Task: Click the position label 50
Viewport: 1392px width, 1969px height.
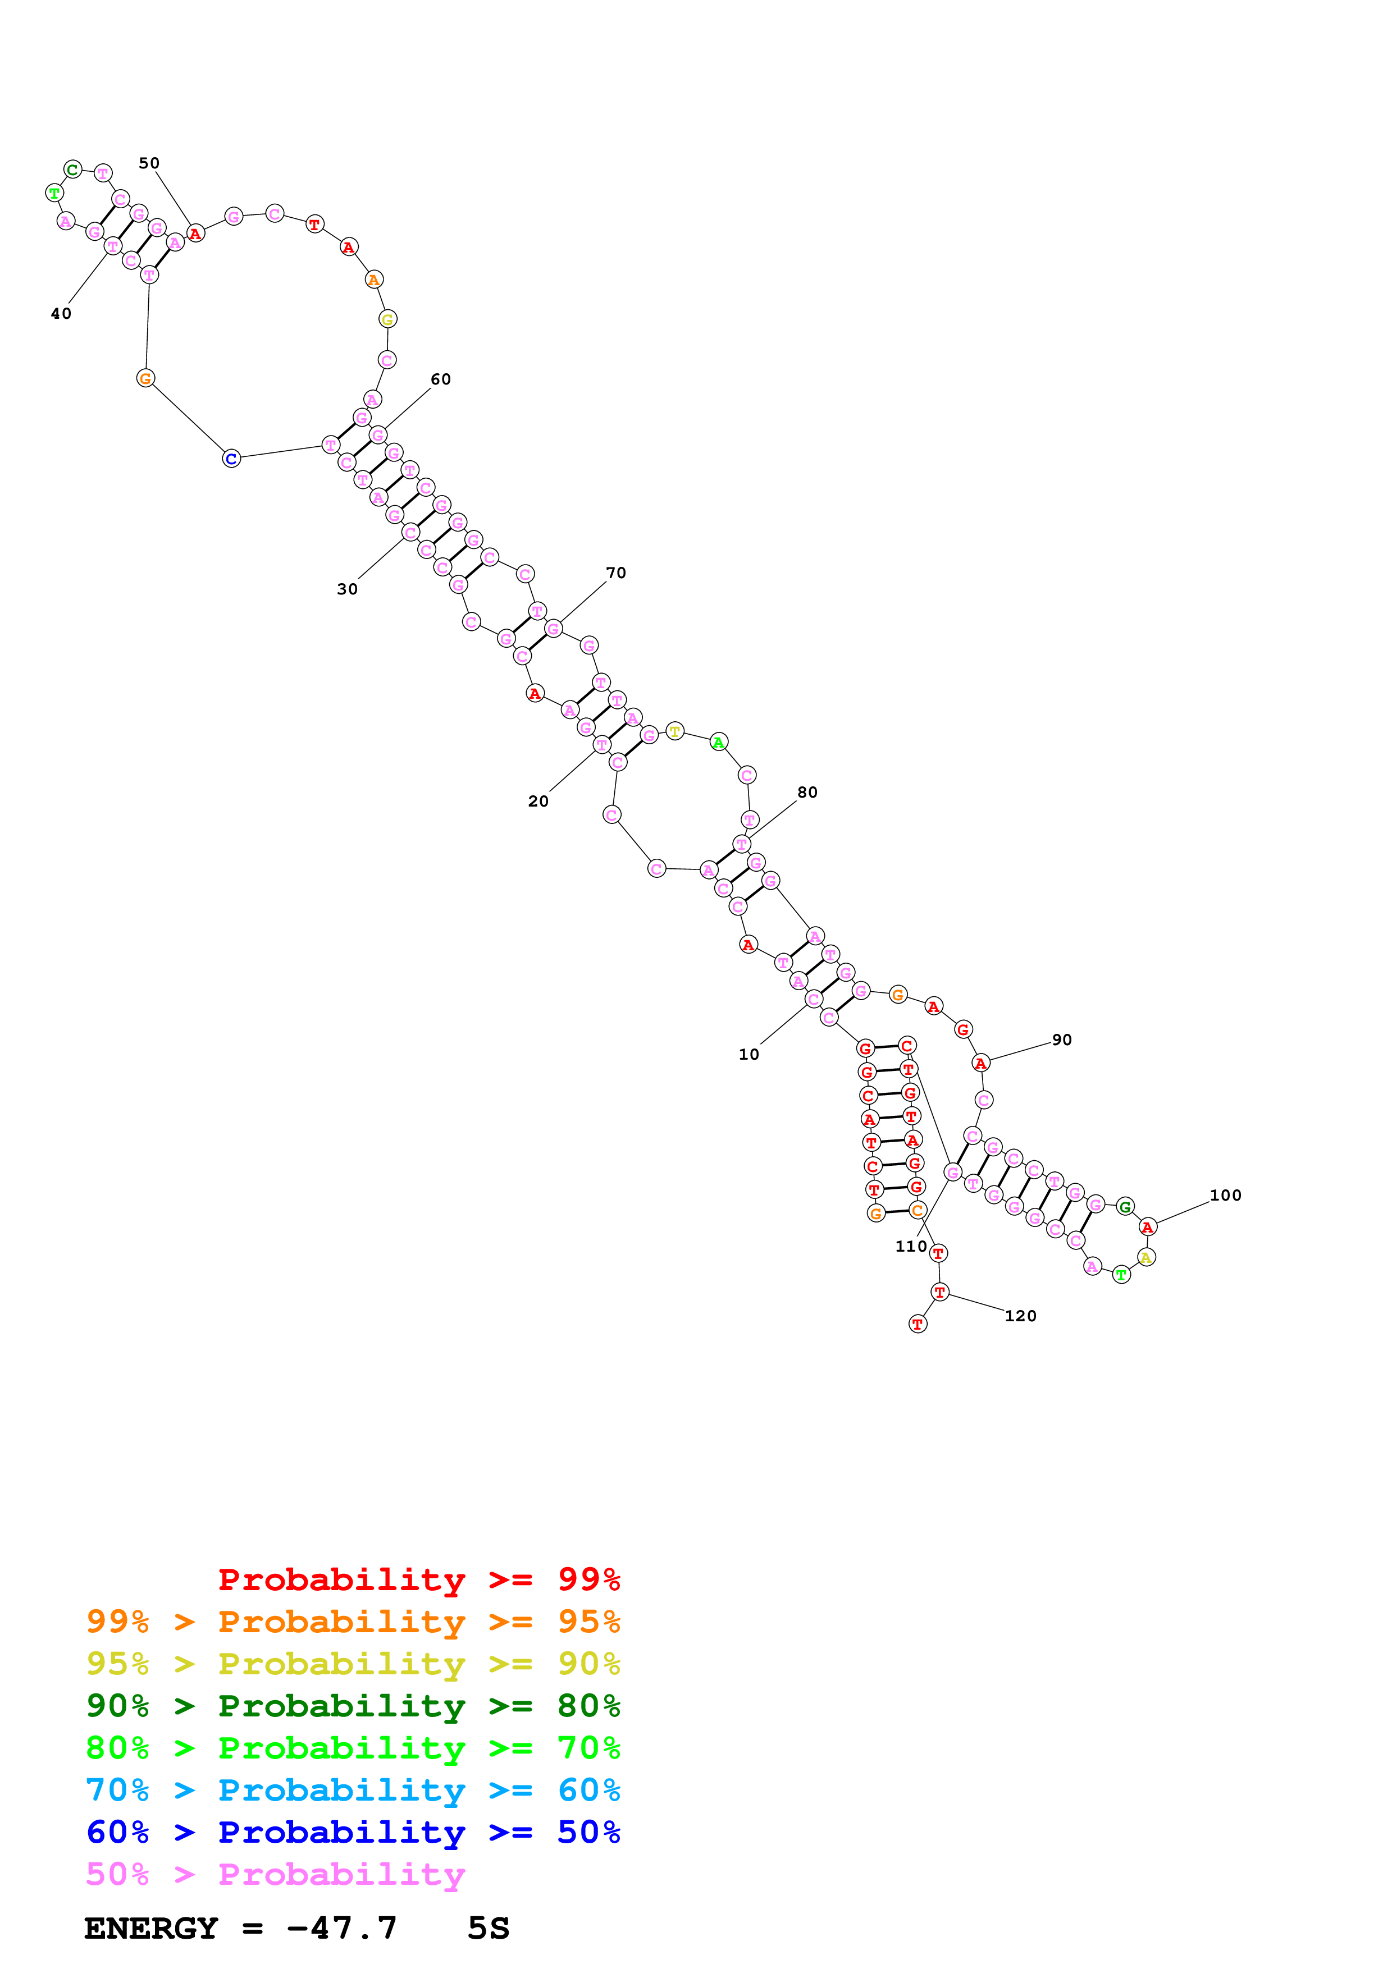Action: click(x=149, y=163)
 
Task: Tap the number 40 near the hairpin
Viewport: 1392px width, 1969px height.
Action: click(x=61, y=314)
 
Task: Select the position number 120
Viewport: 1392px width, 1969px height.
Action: click(x=1021, y=1316)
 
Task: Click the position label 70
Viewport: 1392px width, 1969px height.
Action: click(x=616, y=573)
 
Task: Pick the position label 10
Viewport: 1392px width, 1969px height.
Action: click(x=749, y=1055)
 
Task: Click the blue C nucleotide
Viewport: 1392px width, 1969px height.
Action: click(x=231, y=459)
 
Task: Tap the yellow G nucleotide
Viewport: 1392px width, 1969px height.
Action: click(x=387, y=319)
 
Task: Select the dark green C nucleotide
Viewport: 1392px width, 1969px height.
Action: click(x=73, y=170)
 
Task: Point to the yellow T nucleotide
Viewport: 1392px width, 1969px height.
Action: click(x=675, y=731)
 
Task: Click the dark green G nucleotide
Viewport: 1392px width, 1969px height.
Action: click(x=1125, y=1207)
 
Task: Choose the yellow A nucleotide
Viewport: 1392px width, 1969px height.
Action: click(x=1146, y=1257)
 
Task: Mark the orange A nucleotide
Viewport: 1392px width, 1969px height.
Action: click(x=374, y=280)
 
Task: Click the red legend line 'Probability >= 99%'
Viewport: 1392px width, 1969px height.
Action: click(x=418, y=1579)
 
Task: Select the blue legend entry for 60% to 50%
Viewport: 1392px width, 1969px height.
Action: click(x=353, y=1833)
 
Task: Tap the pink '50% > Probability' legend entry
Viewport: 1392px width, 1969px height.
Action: click(x=275, y=1875)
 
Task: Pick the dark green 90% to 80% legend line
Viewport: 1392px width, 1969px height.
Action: click(x=353, y=1706)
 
